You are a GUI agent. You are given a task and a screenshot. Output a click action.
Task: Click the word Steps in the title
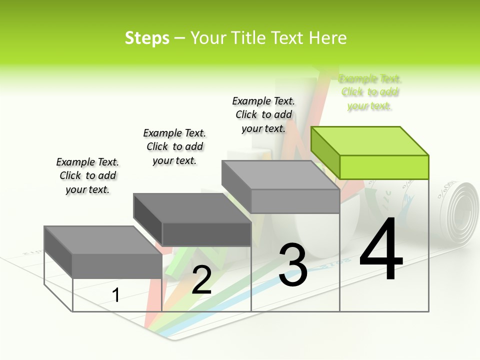147,38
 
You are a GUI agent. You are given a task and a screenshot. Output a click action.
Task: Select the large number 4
381,250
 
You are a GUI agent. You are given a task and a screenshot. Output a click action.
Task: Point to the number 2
201,280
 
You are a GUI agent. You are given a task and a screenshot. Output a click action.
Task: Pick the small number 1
115,295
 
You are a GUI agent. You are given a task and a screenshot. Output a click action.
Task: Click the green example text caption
369,92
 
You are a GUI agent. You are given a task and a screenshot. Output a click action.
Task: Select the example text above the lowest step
87,176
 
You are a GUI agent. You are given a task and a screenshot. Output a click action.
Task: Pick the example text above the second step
174,146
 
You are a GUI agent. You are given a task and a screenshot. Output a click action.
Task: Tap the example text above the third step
263,115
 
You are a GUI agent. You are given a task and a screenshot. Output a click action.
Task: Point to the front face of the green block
384,167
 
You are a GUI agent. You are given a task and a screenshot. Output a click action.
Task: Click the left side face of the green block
325,152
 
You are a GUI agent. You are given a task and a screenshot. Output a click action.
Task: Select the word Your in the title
208,38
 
